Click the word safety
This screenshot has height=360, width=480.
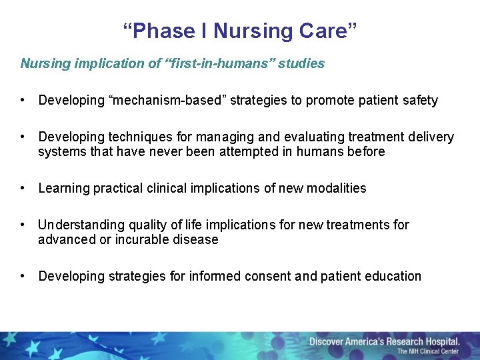click(x=420, y=101)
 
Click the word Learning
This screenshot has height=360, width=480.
click(x=64, y=189)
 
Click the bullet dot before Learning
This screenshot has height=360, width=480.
click(x=23, y=189)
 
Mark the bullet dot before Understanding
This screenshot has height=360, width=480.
click(x=23, y=225)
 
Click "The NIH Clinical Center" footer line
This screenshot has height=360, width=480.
click(x=427, y=351)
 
